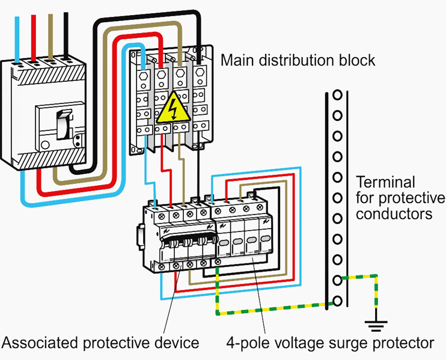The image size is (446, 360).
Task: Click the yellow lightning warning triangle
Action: coord(171,109)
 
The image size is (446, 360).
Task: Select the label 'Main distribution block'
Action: coord(298,61)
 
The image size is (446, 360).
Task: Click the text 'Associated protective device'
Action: coord(100,343)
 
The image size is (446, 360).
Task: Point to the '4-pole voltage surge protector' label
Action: coord(330,343)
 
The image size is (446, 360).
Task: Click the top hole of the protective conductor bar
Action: coord(338,95)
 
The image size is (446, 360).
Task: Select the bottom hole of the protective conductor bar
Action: coord(338,300)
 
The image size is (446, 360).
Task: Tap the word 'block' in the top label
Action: coord(359,61)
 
